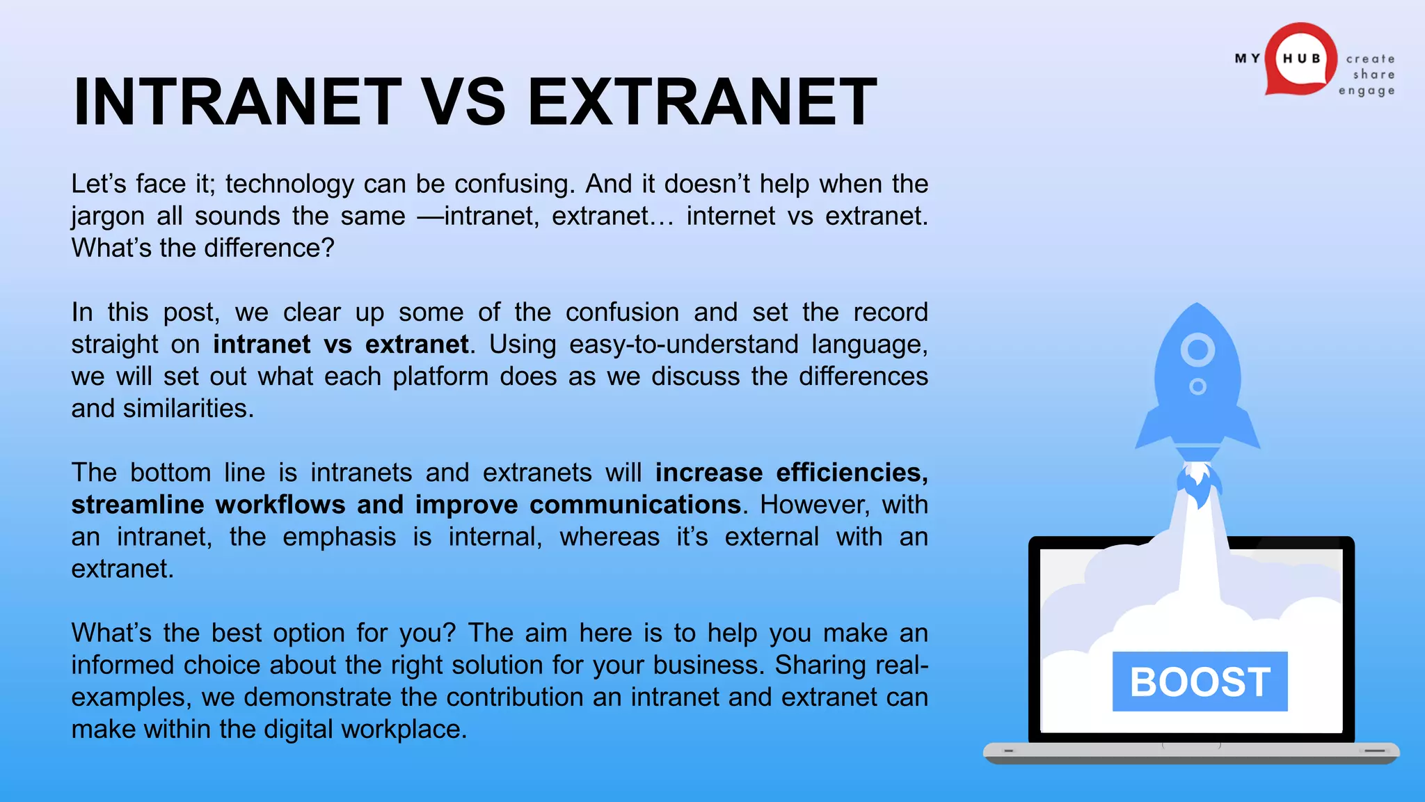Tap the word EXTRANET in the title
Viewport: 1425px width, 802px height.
pos(702,102)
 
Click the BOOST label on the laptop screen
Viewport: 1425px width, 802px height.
pos(1200,682)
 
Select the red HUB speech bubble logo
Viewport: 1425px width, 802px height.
pos(1300,59)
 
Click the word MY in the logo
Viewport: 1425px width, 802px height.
pos(1247,58)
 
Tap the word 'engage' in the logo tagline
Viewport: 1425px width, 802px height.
pos(1367,91)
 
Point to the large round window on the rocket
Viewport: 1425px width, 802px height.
pos(1197,349)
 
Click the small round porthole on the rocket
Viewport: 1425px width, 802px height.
pos(1197,386)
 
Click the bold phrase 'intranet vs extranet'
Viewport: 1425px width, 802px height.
pos(341,345)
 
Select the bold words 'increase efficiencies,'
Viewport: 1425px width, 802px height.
pos(791,473)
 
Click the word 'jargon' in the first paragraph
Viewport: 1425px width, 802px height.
pos(107,217)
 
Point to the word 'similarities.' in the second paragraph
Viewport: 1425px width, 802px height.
pos(188,409)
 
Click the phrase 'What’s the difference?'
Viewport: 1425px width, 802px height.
pos(202,249)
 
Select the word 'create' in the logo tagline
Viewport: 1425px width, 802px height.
pos(1370,59)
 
